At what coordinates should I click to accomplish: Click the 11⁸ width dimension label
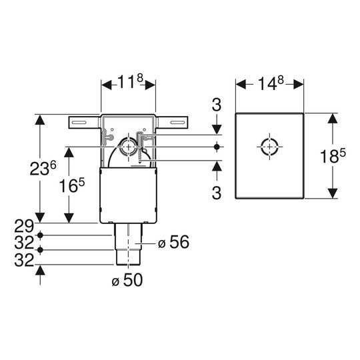point(131,81)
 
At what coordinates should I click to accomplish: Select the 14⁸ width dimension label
point(271,83)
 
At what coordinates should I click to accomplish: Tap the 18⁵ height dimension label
point(333,155)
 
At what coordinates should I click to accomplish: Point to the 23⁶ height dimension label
point(43,168)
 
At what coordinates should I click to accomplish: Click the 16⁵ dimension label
point(72,185)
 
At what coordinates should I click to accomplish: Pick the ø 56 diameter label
point(173,242)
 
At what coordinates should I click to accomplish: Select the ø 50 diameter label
point(127,279)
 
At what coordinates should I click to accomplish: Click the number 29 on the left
point(24,226)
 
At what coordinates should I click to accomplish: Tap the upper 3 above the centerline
point(217,105)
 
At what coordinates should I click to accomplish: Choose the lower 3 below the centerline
point(217,193)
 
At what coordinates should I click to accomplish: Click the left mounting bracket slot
point(79,123)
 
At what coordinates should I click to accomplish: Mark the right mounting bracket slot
point(178,123)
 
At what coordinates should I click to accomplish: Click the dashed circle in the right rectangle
point(269,147)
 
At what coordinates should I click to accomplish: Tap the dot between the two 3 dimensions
point(217,147)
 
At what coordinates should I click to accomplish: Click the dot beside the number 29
point(40,235)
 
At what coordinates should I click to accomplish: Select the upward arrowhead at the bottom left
point(40,269)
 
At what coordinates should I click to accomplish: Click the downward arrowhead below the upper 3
point(217,129)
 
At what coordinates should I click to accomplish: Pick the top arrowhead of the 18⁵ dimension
point(333,118)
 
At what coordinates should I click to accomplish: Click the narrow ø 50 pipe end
point(129,257)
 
